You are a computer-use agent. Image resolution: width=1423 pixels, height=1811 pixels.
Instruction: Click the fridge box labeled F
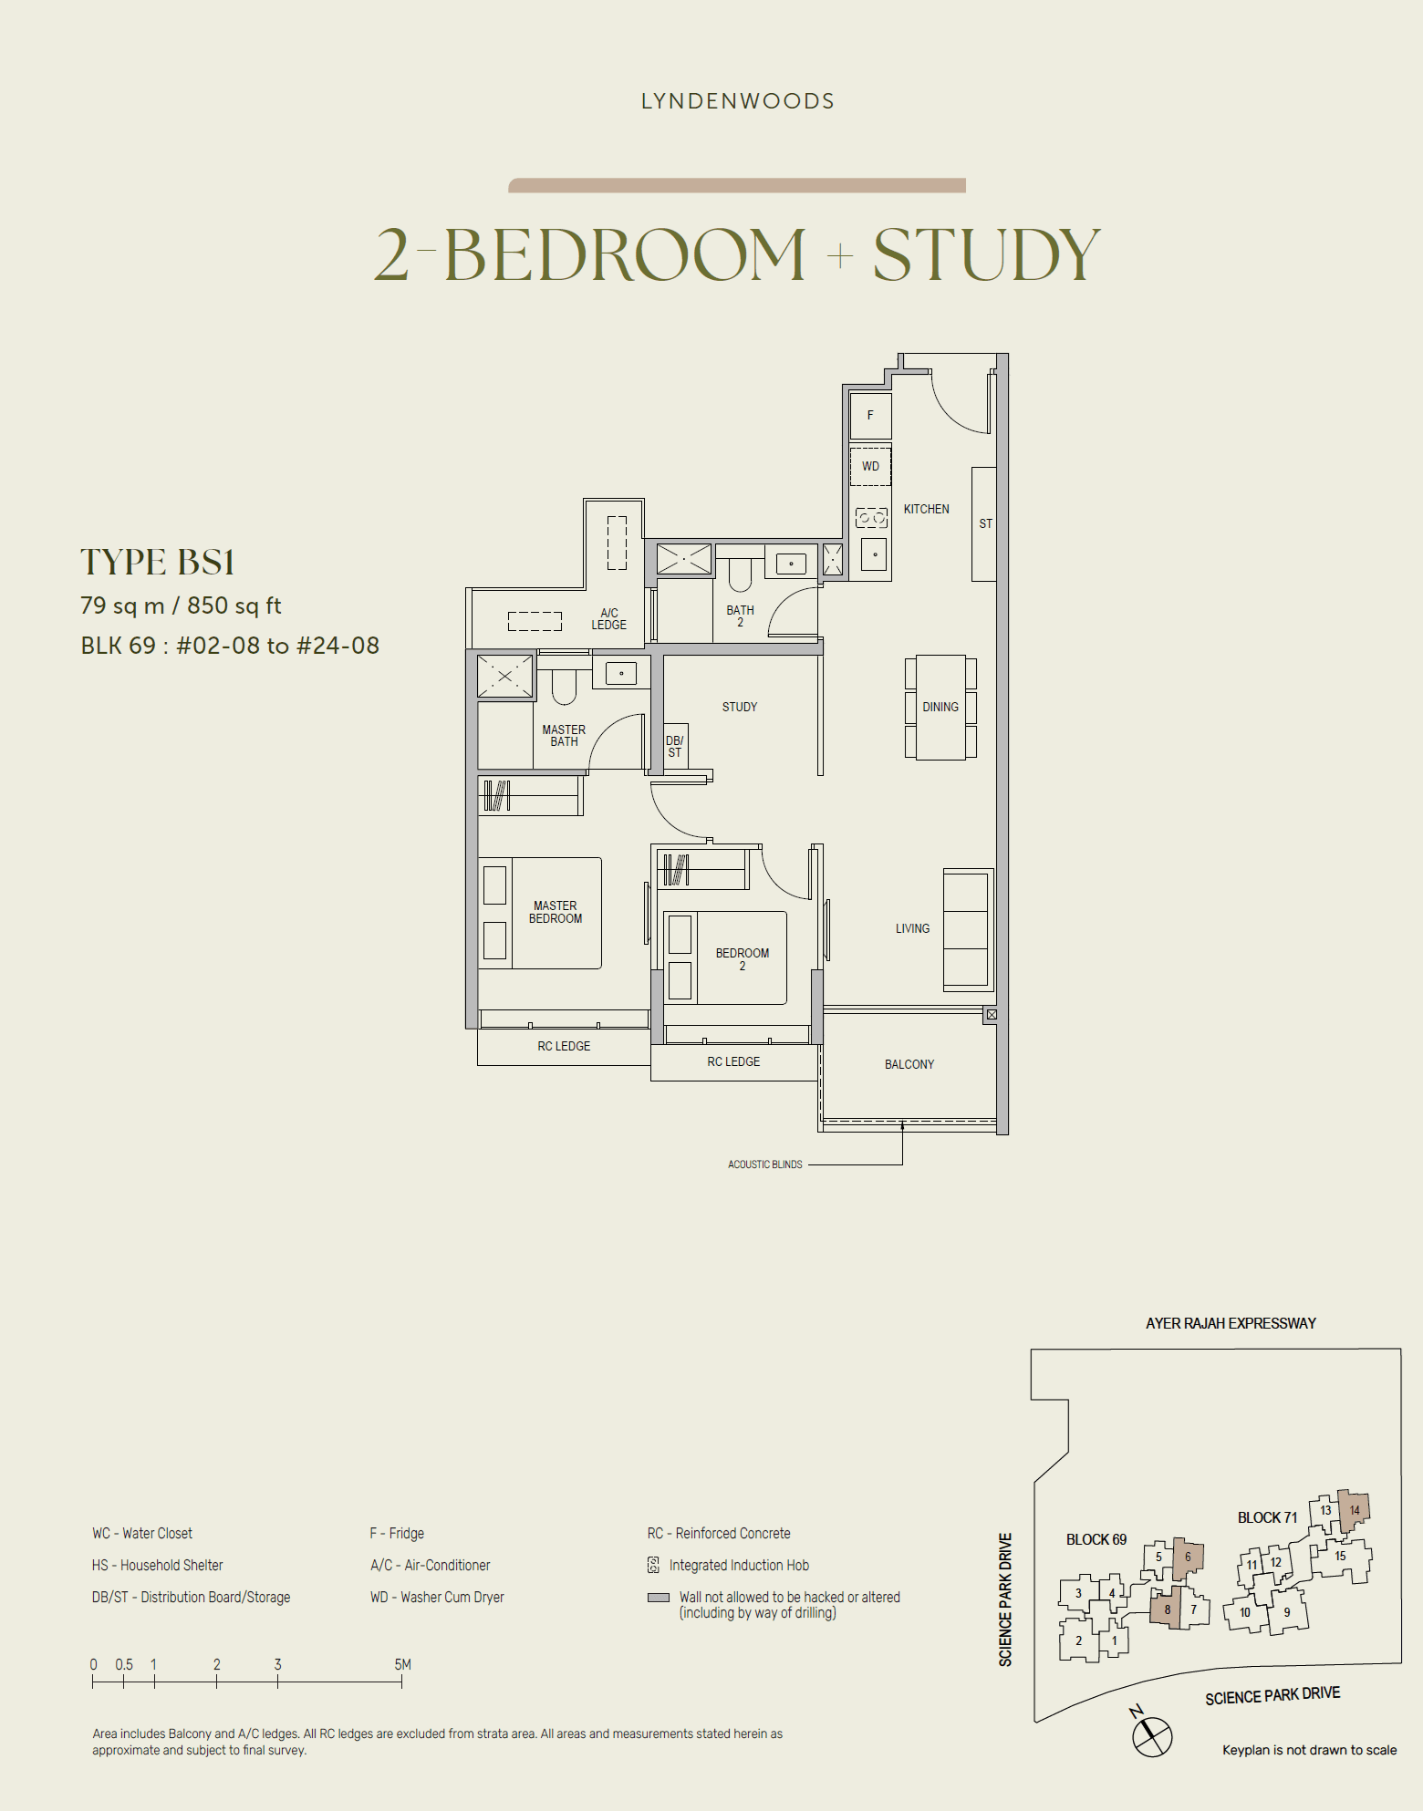coord(870,415)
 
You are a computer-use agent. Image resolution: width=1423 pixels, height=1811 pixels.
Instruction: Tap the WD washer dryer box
coord(870,466)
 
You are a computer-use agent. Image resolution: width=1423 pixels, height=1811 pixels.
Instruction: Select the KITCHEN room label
coord(926,509)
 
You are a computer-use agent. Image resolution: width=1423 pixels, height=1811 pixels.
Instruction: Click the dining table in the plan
coord(940,707)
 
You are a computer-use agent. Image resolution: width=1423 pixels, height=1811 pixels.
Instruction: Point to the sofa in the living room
coord(967,929)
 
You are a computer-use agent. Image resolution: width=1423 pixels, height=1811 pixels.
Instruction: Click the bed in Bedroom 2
coord(740,958)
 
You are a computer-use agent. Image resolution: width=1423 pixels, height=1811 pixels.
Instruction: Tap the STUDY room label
coord(739,707)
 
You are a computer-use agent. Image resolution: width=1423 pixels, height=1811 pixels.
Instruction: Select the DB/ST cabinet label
coord(674,747)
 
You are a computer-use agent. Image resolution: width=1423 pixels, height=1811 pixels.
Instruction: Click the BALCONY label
coord(909,1064)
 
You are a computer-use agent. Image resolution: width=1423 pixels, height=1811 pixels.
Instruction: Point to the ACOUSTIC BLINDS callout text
coord(764,1164)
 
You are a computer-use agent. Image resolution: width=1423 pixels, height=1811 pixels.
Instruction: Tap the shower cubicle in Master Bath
coord(504,676)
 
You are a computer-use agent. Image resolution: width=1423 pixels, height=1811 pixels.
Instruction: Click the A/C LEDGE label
coord(608,619)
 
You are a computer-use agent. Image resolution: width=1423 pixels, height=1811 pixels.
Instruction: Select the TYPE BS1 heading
coord(158,562)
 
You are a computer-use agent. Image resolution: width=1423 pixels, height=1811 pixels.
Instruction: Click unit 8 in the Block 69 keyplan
coord(1167,1609)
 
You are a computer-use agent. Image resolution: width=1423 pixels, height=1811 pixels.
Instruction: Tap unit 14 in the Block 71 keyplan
coord(1355,1510)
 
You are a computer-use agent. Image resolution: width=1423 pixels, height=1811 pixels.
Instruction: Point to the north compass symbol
coord(1151,1735)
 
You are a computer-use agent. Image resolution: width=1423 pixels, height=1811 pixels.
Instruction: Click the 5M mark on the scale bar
coord(402,1665)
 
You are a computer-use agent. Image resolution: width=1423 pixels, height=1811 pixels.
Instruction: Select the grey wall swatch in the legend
coord(658,1598)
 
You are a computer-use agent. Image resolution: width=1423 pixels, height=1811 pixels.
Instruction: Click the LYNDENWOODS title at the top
coord(737,101)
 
